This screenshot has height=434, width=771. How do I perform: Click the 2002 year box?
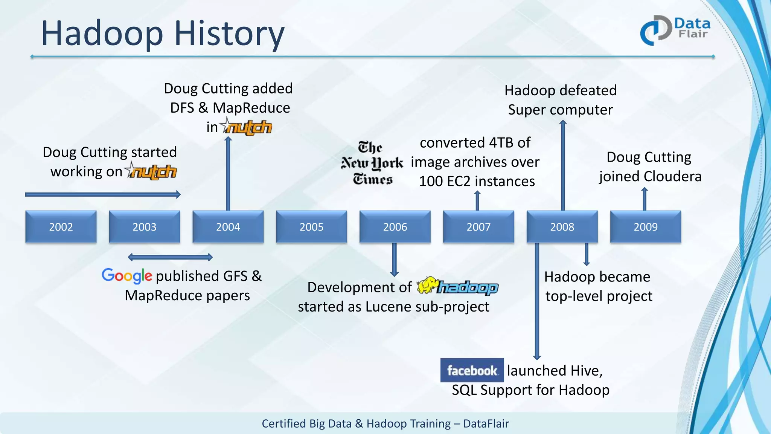click(x=61, y=227)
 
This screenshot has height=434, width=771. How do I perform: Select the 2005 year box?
click(x=311, y=227)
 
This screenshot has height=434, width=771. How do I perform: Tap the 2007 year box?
click(x=478, y=227)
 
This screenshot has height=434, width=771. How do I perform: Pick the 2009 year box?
click(x=645, y=227)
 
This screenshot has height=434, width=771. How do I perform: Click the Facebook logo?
click(x=472, y=370)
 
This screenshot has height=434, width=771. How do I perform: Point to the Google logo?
click(x=127, y=276)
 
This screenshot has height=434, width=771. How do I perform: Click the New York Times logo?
click(x=372, y=164)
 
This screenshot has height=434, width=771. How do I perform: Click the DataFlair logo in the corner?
click(x=675, y=30)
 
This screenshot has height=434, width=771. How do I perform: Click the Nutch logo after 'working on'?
click(x=151, y=171)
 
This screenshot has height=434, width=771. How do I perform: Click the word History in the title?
click(x=229, y=34)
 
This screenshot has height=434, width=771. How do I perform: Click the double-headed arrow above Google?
click(x=170, y=257)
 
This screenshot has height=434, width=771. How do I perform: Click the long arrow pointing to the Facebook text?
click(x=537, y=301)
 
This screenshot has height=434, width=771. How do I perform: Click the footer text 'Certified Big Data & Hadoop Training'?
click(x=356, y=423)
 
